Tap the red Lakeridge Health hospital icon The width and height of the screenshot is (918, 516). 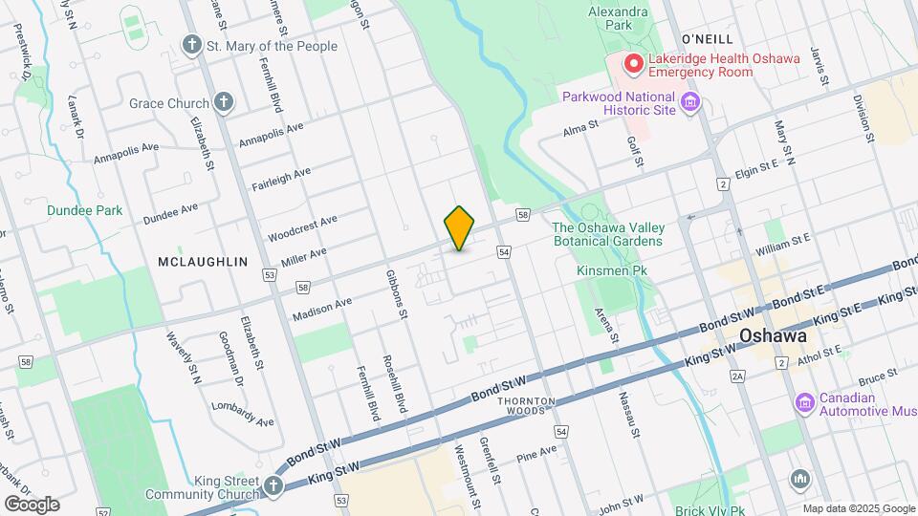pos(632,64)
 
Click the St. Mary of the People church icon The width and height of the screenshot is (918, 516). pos(192,45)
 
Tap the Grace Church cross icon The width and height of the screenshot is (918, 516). pos(224,102)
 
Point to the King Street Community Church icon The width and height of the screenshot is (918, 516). pos(274,486)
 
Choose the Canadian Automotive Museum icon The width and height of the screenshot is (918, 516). pos(804,403)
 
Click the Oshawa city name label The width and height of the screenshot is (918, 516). pos(773,337)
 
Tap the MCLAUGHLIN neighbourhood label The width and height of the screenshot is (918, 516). pos(202,262)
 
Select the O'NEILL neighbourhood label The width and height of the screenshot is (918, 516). pos(707,38)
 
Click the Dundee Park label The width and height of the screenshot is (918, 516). pos(85,209)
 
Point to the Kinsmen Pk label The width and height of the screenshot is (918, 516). pos(612,271)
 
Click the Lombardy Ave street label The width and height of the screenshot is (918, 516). pos(244,416)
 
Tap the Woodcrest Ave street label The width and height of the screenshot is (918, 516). pos(302,227)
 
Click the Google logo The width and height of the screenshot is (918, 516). pos(32,504)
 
